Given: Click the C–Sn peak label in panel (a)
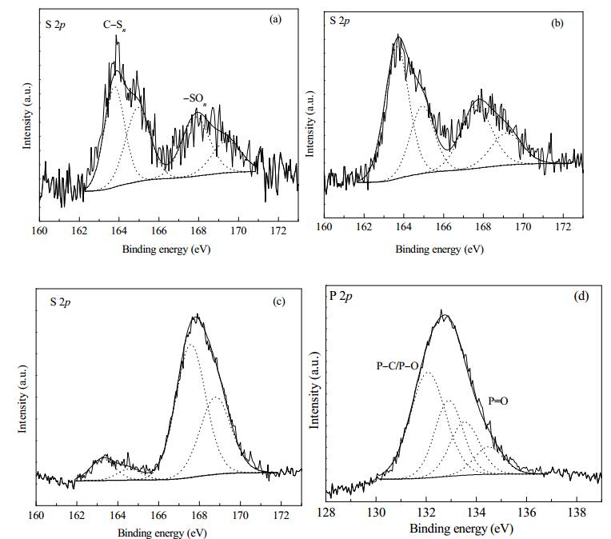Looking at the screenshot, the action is coord(114,26).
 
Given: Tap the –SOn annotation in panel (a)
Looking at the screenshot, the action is coord(195,99).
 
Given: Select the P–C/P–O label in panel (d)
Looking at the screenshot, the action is coord(397,365).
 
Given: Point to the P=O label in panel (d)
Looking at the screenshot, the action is coord(498,401).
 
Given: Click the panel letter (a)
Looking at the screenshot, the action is coord(275,19).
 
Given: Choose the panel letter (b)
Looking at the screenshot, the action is coord(557,23).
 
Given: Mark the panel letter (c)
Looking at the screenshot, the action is coord(279,301).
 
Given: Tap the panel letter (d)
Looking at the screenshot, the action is coord(581,296).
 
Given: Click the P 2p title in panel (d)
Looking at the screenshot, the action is coord(341,296).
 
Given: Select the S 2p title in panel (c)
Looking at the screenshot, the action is coord(60,302).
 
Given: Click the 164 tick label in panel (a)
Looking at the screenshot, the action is coord(119,231).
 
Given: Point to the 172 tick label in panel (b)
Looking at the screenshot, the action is coord(563,226).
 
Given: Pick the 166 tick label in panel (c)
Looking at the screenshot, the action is coord(158,515).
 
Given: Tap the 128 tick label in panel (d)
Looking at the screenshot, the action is coord(326,512).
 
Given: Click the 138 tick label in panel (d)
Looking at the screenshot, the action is coord(577,512).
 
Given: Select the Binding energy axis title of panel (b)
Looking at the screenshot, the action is coord(440,250).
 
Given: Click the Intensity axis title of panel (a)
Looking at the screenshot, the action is coord(27,116).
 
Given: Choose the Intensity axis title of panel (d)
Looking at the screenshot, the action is coord(314,389).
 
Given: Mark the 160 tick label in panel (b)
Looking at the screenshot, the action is coord(324,226).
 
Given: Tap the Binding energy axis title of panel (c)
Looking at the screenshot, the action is coord(162,533).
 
